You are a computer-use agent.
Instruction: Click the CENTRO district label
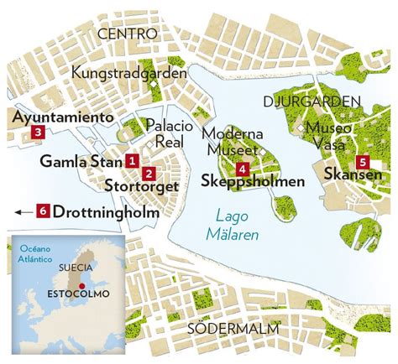[x=128, y=34]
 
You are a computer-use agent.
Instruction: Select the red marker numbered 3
[x=37, y=133]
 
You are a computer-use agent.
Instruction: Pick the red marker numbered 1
[x=132, y=160]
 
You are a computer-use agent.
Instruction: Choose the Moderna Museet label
[x=235, y=142]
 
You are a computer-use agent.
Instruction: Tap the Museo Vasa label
[x=328, y=135]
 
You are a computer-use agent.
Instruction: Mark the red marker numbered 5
[x=362, y=162]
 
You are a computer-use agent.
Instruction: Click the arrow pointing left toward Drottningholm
[x=22, y=212]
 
